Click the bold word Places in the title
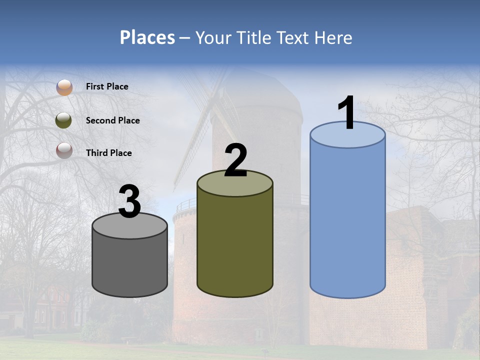(x=147, y=37)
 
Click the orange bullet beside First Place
(x=64, y=87)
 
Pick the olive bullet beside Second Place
(x=64, y=120)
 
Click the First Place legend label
(x=107, y=86)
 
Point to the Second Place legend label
(x=112, y=120)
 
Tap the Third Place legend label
(x=108, y=153)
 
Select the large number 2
(x=235, y=160)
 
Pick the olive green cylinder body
(x=235, y=245)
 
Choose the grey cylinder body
(x=130, y=265)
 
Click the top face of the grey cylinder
(x=130, y=226)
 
